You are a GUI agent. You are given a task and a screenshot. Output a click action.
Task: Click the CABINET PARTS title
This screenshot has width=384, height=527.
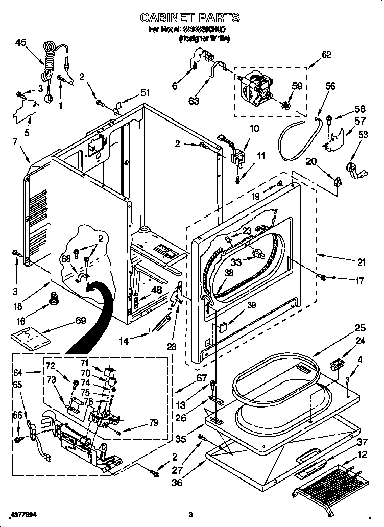tap(190, 18)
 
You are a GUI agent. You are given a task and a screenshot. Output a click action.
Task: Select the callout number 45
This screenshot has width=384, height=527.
tap(21, 43)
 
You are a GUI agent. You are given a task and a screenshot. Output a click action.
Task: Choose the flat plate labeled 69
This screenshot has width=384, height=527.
tap(32, 338)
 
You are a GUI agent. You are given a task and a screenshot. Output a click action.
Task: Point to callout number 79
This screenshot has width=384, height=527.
tap(153, 422)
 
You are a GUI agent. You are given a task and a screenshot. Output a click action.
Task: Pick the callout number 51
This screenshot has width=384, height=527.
tap(145, 92)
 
